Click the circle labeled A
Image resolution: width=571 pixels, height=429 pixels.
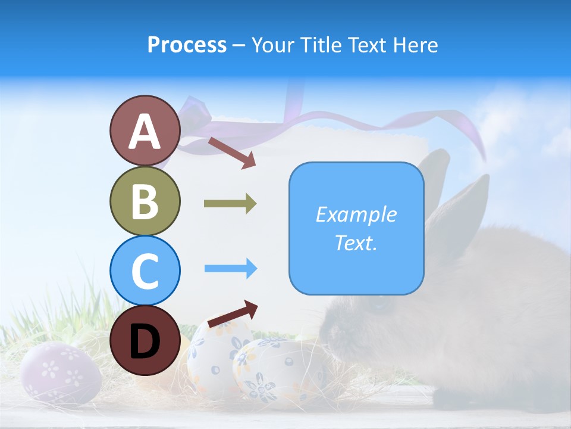click(x=145, y=131)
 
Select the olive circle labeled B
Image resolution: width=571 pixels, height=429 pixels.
click(x=145, y=201)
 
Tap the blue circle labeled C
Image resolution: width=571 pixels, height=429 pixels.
click(x=145, y=271)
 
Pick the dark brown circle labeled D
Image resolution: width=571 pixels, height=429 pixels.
click(x=145, y=340)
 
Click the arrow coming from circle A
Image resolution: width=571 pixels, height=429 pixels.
click(x=231, y=153)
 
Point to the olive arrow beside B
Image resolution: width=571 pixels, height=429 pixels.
click(x=230, y=204)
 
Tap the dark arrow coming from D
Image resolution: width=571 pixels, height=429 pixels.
click(x=233, y=313)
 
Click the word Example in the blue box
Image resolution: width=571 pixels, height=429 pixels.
click(x=356, y=214)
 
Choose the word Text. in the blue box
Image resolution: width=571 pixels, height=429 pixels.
click(x=356, y=243)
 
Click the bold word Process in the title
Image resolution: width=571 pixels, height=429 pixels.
click(x=187, y=45)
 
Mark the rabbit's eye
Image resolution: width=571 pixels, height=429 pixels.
click(x=377, y=306)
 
